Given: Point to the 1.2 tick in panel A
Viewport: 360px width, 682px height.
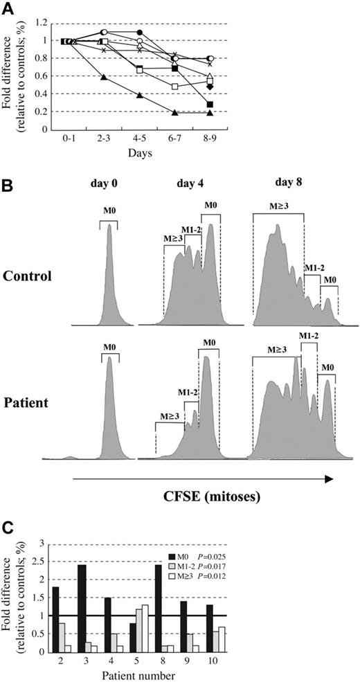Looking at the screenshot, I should point(45,23).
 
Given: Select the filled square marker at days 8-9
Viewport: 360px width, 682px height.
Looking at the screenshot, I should point(209,104).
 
